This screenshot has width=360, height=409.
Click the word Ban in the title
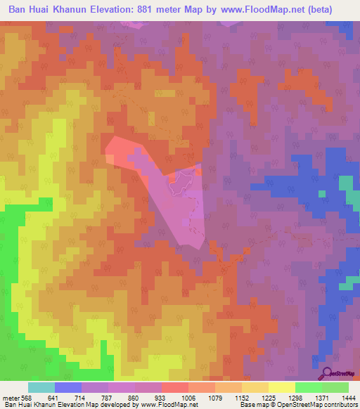[20, 9]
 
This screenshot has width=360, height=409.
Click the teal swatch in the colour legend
[41, 387]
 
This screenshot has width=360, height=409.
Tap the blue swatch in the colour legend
[68, 387]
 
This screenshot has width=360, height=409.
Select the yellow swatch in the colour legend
[281, 387]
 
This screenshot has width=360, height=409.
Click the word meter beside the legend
[11, 398]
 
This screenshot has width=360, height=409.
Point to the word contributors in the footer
[338, 405]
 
